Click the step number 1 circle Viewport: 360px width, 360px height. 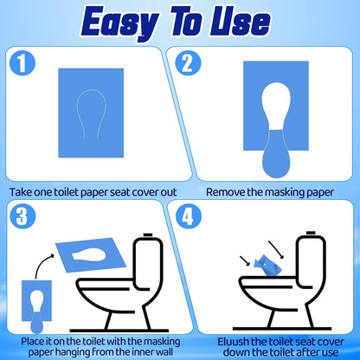(x=22, y=63)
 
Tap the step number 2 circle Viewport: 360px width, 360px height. (x=188, y=63)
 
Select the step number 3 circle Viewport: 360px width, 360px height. (x=22, y=215)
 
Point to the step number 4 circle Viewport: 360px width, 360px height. (x=188, y=215)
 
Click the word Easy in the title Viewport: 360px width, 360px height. (x=119, y=23)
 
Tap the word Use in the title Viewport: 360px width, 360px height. (x=240, y=22)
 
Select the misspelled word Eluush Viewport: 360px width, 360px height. (x=233, y=342)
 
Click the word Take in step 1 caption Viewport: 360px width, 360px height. (x=21, y=192)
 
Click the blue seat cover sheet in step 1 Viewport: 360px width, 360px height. (x=91, y=112)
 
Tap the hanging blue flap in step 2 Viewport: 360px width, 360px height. (x=276, y=153)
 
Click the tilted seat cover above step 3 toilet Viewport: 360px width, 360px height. (x=91, y=255)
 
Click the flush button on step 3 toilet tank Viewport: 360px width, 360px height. (x=148, y=235)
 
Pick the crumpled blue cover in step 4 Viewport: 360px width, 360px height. (x=268, y=266)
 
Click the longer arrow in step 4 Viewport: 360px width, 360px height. (x=276, y=249)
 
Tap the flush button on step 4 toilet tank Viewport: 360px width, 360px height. (x=311, y=233)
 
